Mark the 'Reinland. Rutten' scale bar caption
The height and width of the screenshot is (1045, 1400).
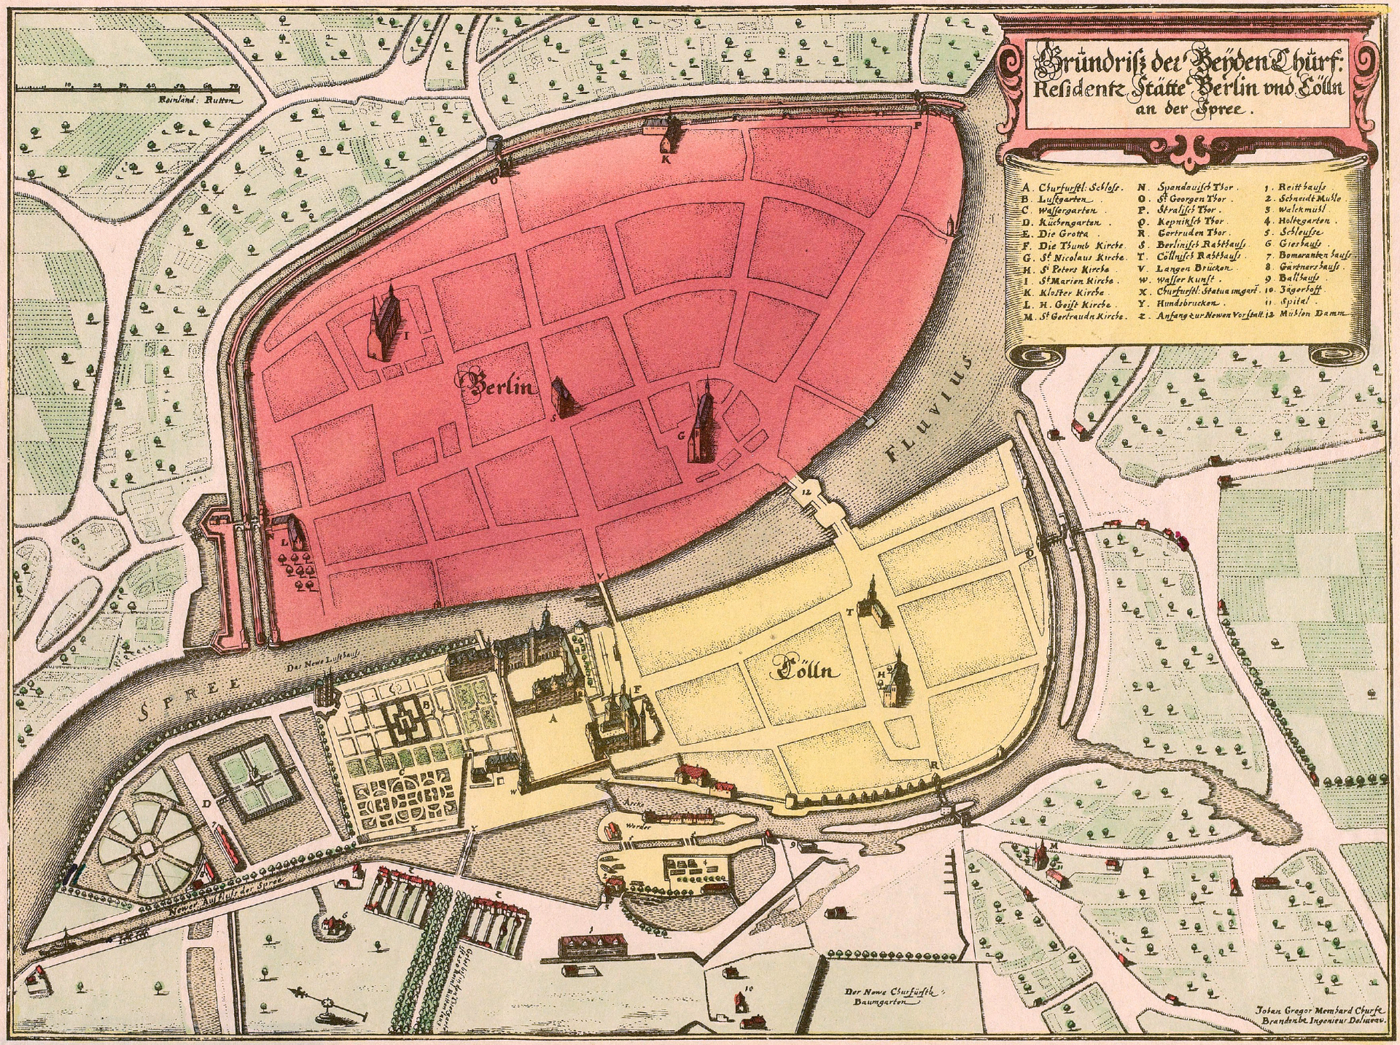coord(200,101)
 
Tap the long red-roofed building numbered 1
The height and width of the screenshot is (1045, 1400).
coord(591,946)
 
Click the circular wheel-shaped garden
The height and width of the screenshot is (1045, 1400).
coord(148,846)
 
